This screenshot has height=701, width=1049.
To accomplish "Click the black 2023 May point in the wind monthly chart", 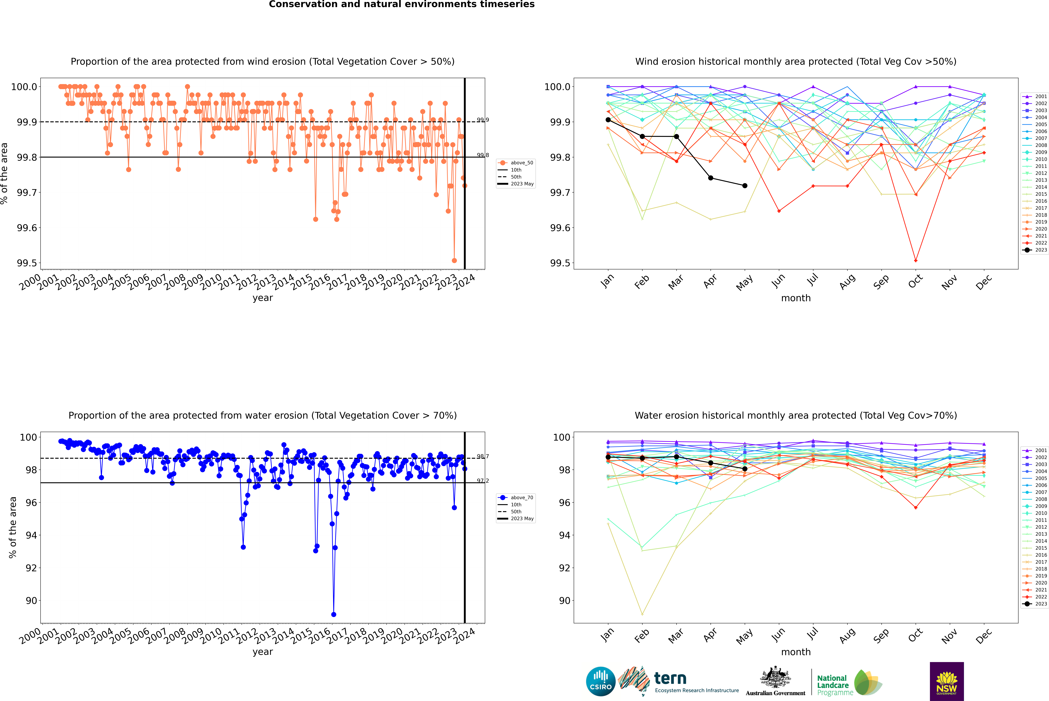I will coord(744,186).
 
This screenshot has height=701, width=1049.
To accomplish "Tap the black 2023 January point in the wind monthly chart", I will coord(608,120).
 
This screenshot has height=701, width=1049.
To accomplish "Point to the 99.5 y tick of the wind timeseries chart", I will coord(27,263).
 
